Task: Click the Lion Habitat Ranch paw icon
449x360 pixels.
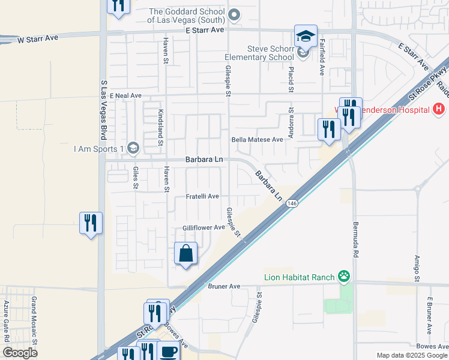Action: (x=344, y=277)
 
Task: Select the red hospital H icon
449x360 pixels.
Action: (x=439, y=109)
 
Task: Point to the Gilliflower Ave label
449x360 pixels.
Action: (x=203, y=227)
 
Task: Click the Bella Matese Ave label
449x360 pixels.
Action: (x=257, y=139)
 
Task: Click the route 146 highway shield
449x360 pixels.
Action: (x=291, y=204)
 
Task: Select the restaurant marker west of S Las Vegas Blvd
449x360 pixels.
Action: (x=91, y=223)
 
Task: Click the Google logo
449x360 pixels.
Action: (x=20, y=352)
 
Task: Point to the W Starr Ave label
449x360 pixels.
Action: (x=38, y=38)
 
